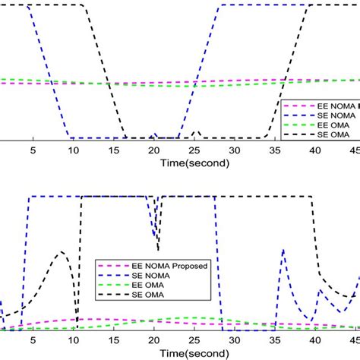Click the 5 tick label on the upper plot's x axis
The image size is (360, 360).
click(x=33, y=150)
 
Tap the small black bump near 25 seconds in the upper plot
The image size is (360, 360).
click(x=196, y=132)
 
